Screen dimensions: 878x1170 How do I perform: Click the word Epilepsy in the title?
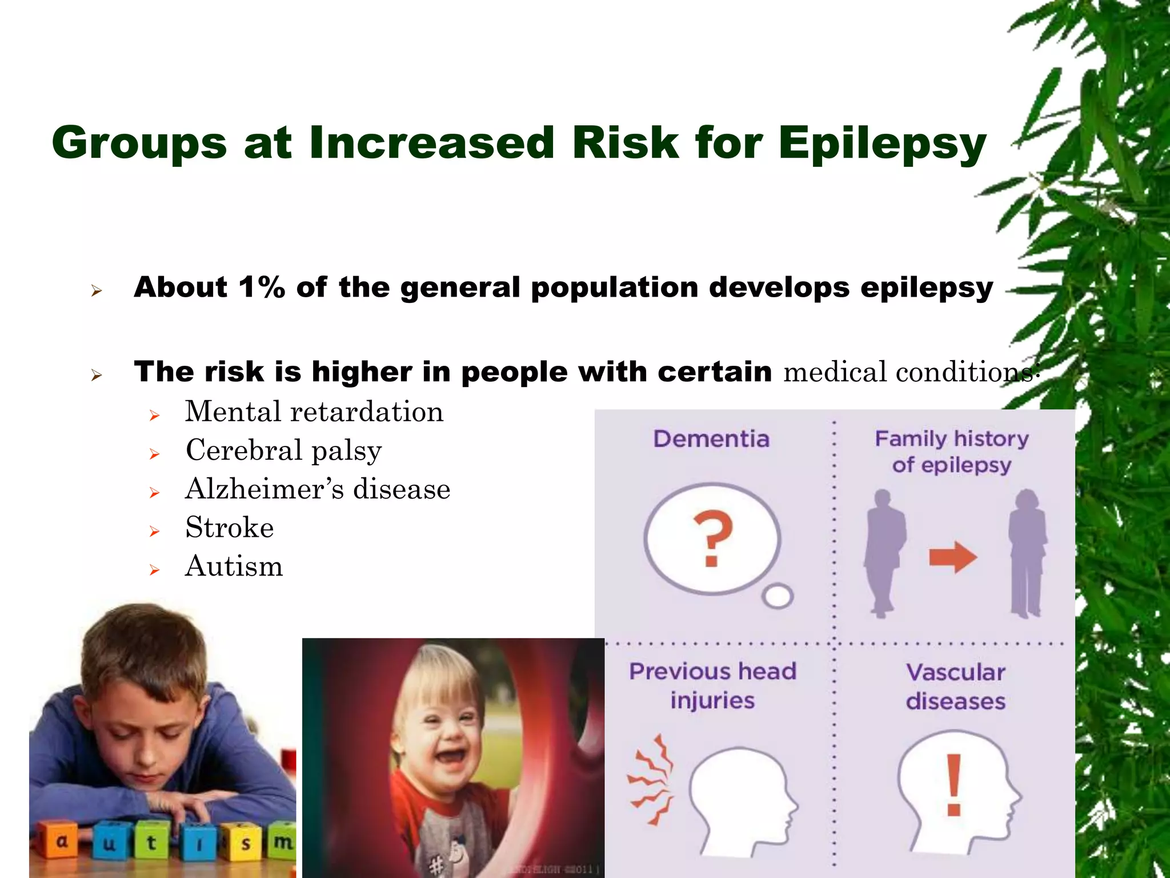pos(882,144)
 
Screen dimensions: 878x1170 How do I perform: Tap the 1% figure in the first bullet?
pos(262,287)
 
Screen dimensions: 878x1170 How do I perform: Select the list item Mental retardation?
pos(314,412)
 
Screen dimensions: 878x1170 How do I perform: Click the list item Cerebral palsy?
pos(284,451)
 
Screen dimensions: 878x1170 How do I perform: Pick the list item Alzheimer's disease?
pos(318,489)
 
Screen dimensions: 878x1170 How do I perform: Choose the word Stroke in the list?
pos(230,528)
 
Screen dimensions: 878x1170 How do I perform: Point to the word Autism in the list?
pos(234,566)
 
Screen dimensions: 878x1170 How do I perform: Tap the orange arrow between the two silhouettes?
pos(953,557)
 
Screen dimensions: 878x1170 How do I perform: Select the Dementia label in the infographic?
pos(712,439)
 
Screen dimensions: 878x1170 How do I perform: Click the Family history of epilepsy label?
pos(952,452)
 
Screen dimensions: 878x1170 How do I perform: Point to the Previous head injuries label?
pos(712,685)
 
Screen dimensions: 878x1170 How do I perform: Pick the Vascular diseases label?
pos(956,687)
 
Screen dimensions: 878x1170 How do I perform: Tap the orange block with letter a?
pos(62,841)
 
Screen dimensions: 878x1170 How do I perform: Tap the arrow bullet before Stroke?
pos(154,532)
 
